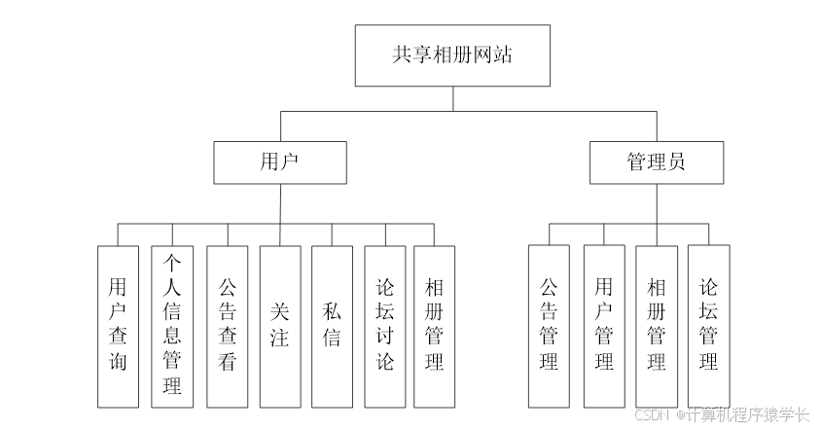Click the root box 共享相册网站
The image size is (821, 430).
tap(452, 55)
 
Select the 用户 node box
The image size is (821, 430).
tap(280, 161)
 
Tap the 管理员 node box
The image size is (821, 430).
tap(656, 161)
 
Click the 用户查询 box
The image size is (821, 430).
tap(118, 326)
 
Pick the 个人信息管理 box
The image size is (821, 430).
tap(172, 326)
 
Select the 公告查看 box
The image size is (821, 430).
tap(227, 326)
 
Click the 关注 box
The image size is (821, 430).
tap(280, 326)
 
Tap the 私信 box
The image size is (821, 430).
tap(332, 326)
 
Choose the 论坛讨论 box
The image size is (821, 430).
tap(385, 326)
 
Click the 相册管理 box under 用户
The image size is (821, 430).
tap(434, 326)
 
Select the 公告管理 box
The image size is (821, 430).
tap(549, 326)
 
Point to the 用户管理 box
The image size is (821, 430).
tap(604, 326)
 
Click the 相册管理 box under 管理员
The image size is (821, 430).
tap(657, 326)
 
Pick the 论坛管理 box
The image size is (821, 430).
tap(708, 326)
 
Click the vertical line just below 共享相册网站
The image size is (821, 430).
tap(452, 99)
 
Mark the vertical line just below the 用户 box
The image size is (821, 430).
tap(280, 203)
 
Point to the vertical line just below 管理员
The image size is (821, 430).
tap(656, 203)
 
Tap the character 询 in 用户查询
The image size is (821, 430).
tap(118, 363)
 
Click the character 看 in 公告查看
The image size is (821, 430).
tap(227, 363)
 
